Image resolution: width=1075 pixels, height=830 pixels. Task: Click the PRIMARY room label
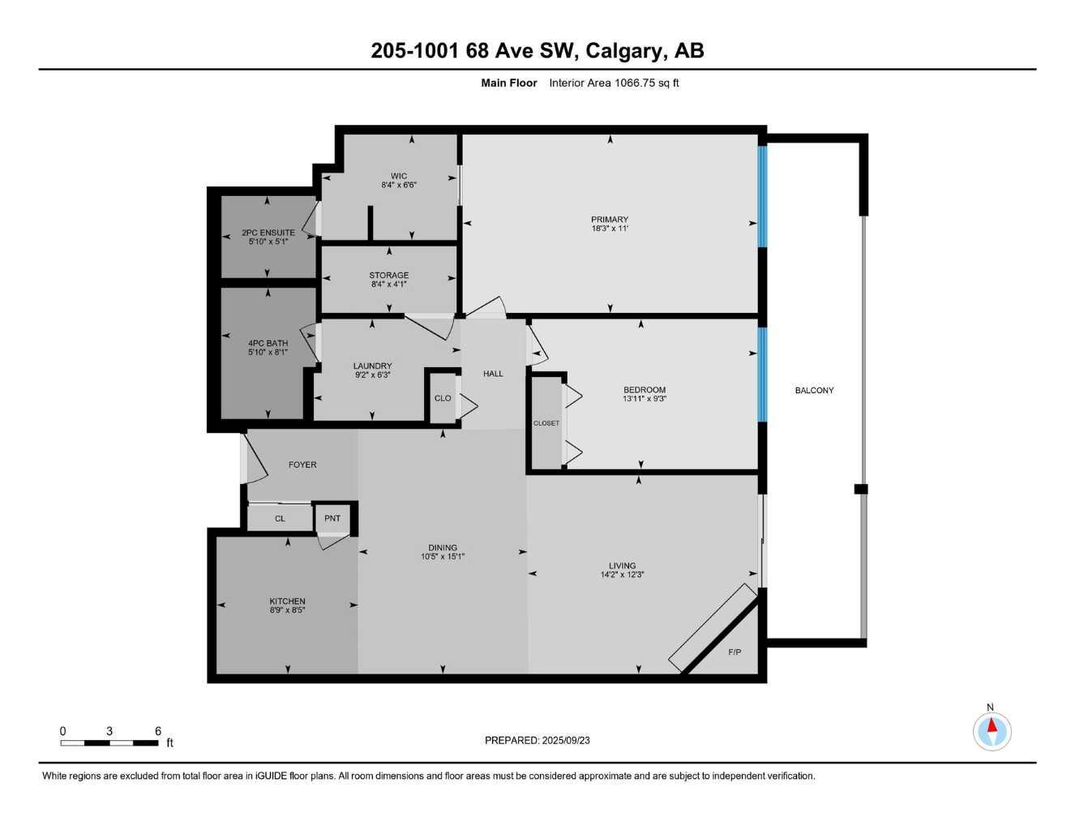pyautogui.click(x=609, y=220)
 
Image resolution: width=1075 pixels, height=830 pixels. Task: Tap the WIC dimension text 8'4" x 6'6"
pyautogui.click(x=398, y=185)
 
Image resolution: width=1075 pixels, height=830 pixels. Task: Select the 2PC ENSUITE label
pyautogui.click(x=268, y=233)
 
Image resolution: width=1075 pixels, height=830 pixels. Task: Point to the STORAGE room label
pyautogui.click(x=388, y=276)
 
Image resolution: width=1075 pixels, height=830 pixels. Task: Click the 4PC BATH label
pyautogui.click(x=268, y=344)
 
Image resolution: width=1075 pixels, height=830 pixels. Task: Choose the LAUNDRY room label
pyautogui.click(x=372, y=366)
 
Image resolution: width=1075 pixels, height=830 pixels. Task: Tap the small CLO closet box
pyautogui.click(x=443, y=398)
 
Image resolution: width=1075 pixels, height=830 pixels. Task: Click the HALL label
pyautogui.click(x=493, y=374)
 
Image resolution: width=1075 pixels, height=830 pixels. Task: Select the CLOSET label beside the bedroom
pyautogui.click(x=546, y=423)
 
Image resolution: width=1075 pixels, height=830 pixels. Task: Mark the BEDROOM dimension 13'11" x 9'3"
pyautogui.click(x=645, y=399)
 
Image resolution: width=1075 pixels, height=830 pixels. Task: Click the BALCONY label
pyautogui.click(x=814, y=391)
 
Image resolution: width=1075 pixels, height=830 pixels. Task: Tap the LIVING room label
pyautogui.click(x=623, y=566)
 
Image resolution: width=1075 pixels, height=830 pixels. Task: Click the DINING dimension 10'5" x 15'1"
pyautogui.click(x=443, y=557)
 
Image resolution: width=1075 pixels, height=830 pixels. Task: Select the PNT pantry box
pyautogui.click(x=332, y=519)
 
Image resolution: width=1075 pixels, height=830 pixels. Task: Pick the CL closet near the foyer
pyautogui.click(x=280, y=519)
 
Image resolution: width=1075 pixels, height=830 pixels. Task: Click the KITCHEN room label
pyautogui.click(x=287, y=601)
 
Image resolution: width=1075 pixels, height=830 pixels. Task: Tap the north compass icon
pyautogui.click(x=991, y=731)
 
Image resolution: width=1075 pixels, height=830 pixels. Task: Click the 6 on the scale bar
pyautogui.click(x=158, y=731)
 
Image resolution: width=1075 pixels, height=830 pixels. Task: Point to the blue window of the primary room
pyautogui.click(x=762, y=195)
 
